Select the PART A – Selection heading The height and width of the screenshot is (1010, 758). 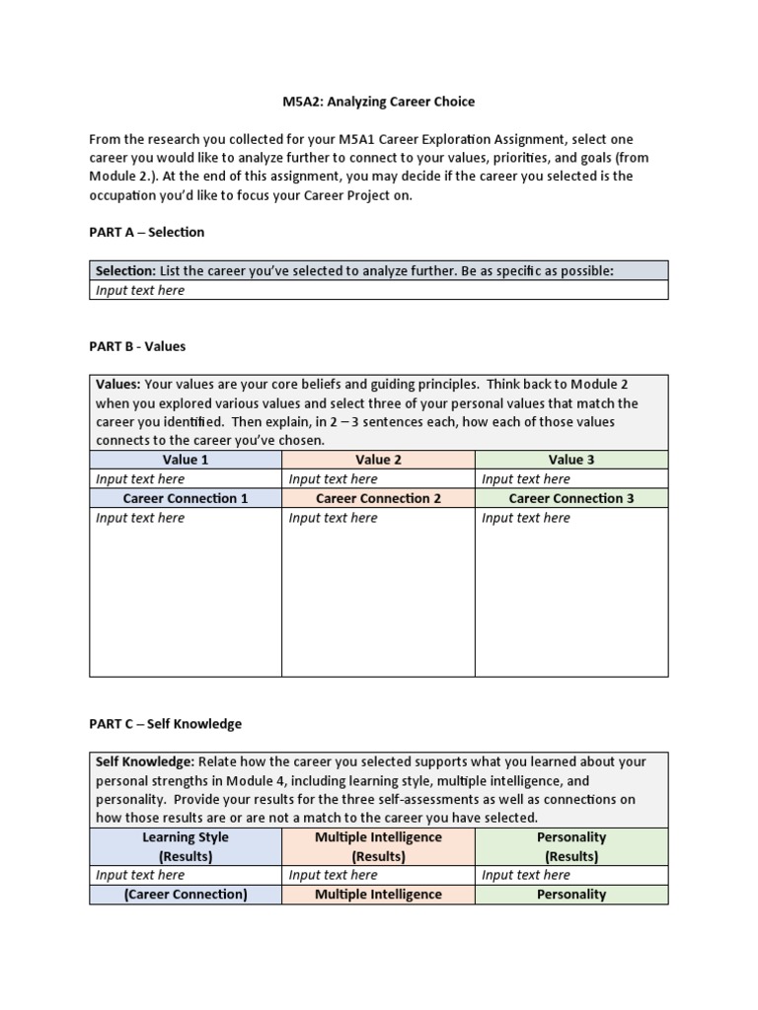coord(147,232)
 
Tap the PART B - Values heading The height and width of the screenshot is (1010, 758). coord(137,346)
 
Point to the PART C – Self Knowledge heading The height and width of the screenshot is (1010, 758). coord(165,723)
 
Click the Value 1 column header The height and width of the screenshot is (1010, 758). coord(186,460)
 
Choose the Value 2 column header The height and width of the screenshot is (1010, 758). coord(378,460)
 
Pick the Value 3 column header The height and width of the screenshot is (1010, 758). coord(571,460)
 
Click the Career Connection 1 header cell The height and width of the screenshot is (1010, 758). coord(186,498)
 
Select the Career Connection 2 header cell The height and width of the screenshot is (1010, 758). coord(378,498)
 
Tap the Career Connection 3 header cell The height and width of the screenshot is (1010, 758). coord(571,498)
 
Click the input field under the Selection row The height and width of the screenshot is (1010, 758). coord(378,290)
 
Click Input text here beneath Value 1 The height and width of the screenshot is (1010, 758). coord(140,479)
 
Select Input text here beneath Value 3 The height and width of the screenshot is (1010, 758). coord(526,479)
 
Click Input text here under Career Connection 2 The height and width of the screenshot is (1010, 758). coord(333,518)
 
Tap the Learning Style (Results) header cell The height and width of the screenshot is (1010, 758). coord(186,846)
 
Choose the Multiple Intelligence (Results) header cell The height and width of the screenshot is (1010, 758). coord(378,846)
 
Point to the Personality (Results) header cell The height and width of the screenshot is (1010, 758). coord(571,846)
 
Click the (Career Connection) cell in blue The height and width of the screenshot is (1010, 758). coord(186,895)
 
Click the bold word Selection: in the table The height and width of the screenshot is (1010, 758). coord(125,271)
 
